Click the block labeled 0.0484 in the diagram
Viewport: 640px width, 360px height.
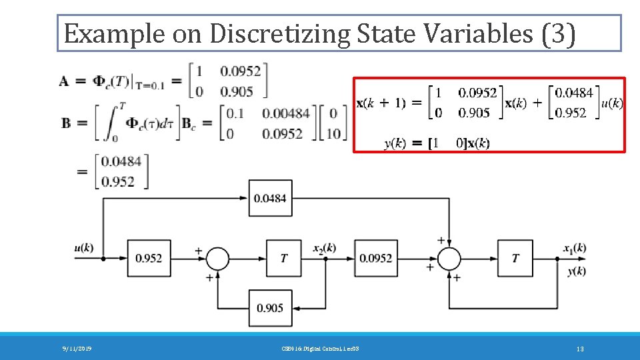(x=270, y=198)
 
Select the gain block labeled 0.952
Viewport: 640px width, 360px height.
(x=148, y=258)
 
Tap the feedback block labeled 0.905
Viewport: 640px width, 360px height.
(x=270, y=308)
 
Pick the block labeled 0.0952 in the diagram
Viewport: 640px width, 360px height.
(x=375, y=258)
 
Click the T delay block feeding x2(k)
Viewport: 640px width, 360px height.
(x=284, y=258)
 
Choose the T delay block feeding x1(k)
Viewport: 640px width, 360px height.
(x=514, y=258)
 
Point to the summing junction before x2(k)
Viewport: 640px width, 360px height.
(x=217, y=258)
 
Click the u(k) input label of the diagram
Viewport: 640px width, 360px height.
(x=84, y=248)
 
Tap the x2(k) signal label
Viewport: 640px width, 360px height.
(x=324, y=248)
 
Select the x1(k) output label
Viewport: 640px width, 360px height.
(x=574, y=248)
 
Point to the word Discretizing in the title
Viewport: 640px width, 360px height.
(x=281, y=34)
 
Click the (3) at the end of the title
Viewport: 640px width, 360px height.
(x=559, y=34)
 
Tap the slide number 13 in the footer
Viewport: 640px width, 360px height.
(x=580, y=349)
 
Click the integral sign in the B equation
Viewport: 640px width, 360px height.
(x=107, y=123)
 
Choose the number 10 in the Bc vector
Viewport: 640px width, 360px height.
(x=334, y=133)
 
